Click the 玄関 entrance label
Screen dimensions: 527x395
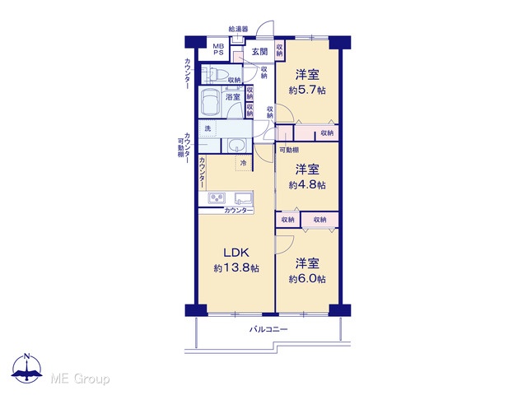tap(260, 52)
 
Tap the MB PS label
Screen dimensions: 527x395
tap(218, 49)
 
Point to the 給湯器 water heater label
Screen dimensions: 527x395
tap(238, 30)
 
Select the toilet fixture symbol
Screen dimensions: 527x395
tap(213, 74)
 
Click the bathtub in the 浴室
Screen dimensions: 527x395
tap(209, 101)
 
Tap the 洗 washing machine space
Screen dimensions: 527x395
tap(208, 128)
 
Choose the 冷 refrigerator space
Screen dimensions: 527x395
tap(244, 163)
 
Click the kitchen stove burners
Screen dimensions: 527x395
tap(217, 197)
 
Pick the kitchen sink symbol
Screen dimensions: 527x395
tap(244, 197)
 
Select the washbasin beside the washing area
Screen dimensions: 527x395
tap(237, 146)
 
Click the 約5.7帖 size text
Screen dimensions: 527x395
tap(307, 90)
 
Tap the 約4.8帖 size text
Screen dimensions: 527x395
tap(307, 184)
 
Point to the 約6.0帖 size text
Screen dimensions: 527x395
tap(307, 278)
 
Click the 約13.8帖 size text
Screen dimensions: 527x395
tap(236, 267)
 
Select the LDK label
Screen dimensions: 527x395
tap(236, 252)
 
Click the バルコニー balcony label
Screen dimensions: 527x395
tap(268, 329)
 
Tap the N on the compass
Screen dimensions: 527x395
tap(27, 356)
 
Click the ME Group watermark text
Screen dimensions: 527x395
tap(81, 379)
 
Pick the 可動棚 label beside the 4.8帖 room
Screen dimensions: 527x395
tap(289, 150)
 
